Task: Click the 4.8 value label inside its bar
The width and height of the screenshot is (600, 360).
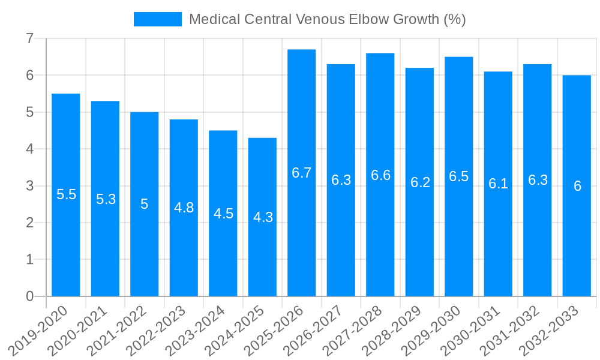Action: [x=184, y=208]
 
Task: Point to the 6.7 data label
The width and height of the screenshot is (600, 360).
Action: [x=302, y=173]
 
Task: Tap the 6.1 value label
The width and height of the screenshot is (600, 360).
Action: [x=498, y=184]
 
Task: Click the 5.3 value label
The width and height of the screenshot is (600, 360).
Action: [x=106, y=199]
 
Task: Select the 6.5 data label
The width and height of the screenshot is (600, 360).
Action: [x=459, y=176]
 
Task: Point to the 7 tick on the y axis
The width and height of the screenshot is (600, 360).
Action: [x=29, y=38]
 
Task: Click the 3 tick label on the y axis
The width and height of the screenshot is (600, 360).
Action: [x=29, y=186]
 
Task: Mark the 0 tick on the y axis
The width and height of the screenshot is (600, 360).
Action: [x=29, y=296]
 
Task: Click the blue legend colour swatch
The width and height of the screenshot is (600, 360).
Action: [x=157, y=19]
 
